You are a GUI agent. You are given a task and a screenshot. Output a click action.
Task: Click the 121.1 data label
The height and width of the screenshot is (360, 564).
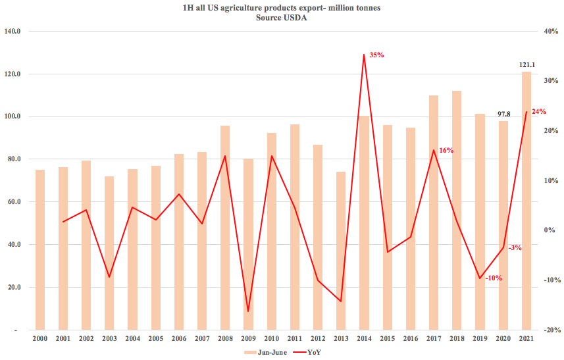coord(526,64)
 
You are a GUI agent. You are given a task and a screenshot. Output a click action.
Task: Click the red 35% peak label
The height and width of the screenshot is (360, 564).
coord(376,55)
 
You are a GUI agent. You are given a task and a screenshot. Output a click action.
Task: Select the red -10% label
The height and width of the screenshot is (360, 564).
coord(493,278)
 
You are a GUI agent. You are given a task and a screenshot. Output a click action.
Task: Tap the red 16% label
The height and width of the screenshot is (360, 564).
coord(446,151)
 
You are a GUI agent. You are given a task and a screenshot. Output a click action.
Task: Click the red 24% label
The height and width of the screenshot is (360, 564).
coord(539,112)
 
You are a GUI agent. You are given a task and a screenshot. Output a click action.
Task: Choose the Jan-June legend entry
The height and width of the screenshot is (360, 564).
coord(266,352)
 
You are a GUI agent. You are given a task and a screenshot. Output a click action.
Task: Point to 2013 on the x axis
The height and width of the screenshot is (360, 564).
coord(341,338)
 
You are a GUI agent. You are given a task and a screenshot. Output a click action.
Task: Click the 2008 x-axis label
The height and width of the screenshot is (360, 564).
coord(225,338)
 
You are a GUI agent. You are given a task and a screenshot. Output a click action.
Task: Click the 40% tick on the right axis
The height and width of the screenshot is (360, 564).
coord(551,31)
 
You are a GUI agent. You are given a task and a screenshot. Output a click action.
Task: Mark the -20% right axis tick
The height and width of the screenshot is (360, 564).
coord(551,330)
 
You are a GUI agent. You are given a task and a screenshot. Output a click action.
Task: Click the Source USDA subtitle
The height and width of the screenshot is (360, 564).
coord(282,18)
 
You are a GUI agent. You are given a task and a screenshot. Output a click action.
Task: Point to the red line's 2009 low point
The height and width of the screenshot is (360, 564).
coord(248,311)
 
